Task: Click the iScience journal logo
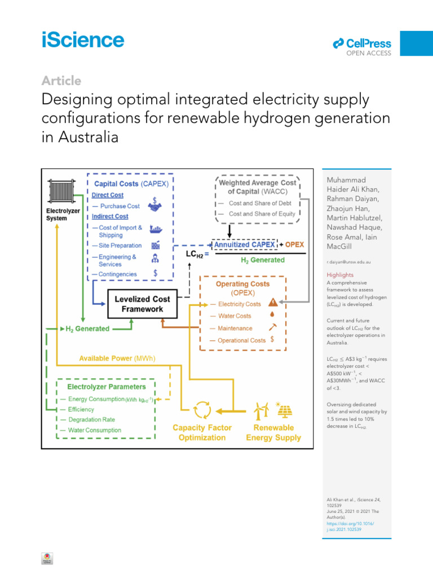(83, 40)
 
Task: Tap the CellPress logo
(362, 43)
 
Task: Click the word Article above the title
(61, 81)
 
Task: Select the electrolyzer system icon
(62, 192)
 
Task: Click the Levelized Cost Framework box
(139, 304)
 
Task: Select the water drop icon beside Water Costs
(272, 316)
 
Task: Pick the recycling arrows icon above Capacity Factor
(202, 409)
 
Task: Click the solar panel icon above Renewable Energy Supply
(282, 410)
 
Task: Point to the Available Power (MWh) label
(117, 358)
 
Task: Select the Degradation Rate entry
(91, 420)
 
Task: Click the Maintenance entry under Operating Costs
(235, 328)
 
